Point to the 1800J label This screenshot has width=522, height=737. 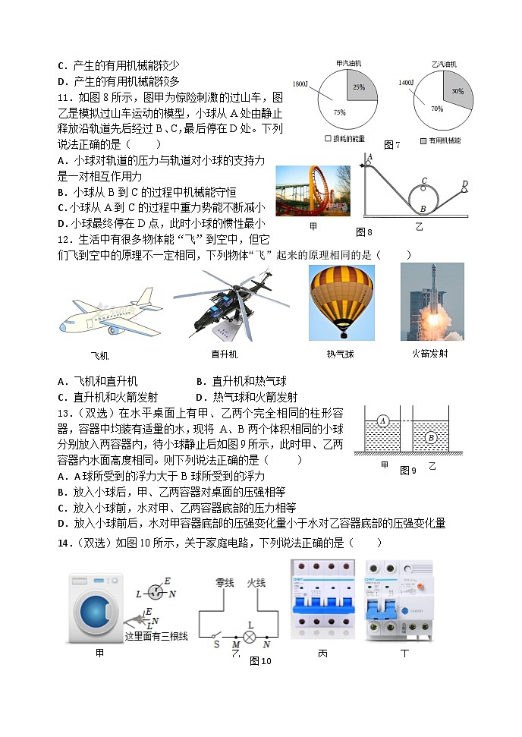click(x=300, y=83)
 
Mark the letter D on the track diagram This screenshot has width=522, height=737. click(x=464, y=184)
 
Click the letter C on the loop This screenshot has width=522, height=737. click(x=424, y=181)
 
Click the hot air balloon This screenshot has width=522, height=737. click(x=341, y=301)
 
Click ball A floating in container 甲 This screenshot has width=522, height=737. click(x=383, y=421)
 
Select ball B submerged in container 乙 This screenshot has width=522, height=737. click(x=430, y=437)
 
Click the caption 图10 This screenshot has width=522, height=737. click(x=260, y=661)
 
